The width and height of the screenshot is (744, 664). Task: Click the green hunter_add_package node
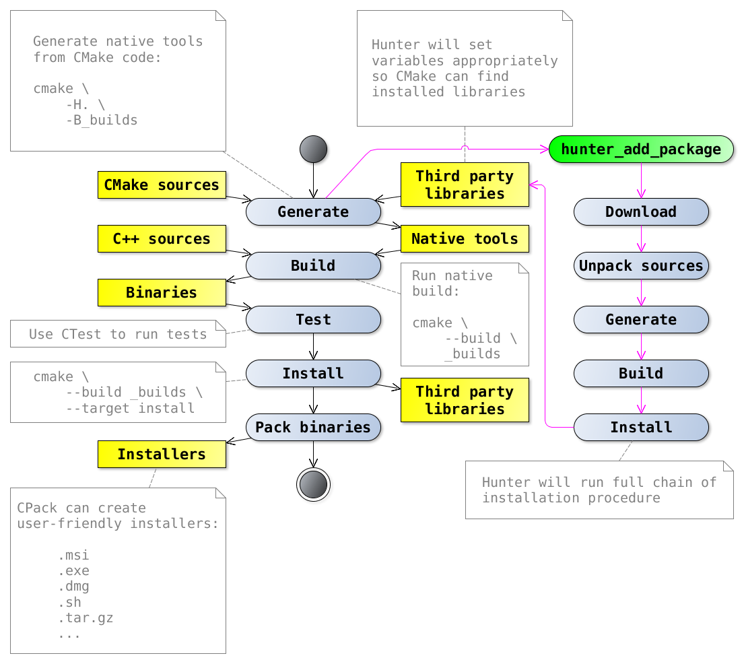click(x=640, y=149)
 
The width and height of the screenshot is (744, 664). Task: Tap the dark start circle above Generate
click(x=313, y=149)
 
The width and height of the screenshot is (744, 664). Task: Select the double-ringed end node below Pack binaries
click(x=313, y=484)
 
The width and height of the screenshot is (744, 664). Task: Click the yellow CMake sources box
click(x=162, y=185)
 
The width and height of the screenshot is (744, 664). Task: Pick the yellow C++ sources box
click(x=162, y=238)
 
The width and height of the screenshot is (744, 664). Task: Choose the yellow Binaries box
click(x=162, y=292)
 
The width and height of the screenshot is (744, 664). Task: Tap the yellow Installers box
click(x=162, y=454)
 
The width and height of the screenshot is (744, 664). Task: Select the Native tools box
click(x=465, y=238)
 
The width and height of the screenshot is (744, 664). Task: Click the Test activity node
click(x=313, y=319)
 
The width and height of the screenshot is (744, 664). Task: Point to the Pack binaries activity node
click(x=313, y=427)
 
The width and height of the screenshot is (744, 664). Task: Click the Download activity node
click(x=640, y=211)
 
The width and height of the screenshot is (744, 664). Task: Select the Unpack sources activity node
click(x=640, y=265)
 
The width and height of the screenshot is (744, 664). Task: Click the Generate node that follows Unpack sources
click(x=640, y=319)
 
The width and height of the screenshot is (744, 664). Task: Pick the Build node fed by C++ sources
click(x=313, y=265)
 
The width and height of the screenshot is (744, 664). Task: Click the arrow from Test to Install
click(x=313, y=346)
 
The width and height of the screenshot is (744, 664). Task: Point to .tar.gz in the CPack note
click(x=86, y=618)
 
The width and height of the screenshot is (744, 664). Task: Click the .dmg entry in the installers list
click(x=73, y=586)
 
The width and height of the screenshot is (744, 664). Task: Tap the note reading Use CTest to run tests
click(x=118, y=334)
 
